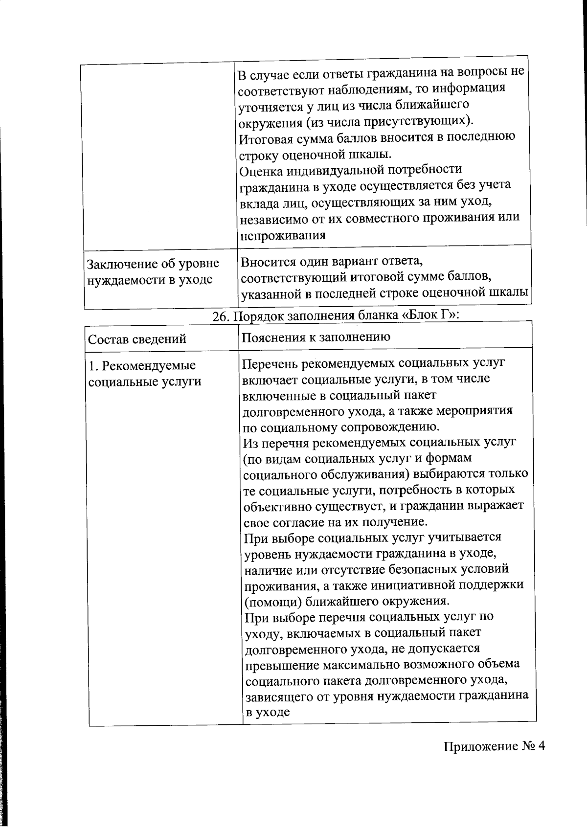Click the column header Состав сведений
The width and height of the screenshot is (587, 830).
[x=137, y=339]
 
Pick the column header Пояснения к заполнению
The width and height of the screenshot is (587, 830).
[x=316, y=336]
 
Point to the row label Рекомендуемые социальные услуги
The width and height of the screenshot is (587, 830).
[x=145, y=373]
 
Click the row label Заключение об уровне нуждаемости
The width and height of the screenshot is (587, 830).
[x=153, y=271]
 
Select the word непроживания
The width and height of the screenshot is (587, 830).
[x=282, y=235]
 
